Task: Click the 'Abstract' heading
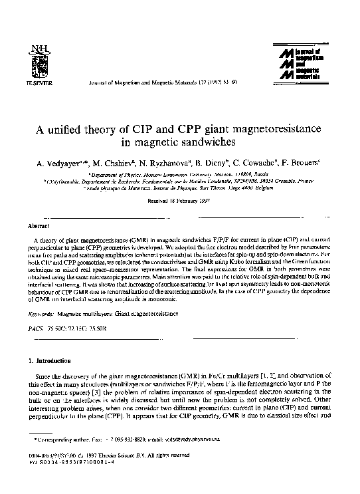point(35,227)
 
